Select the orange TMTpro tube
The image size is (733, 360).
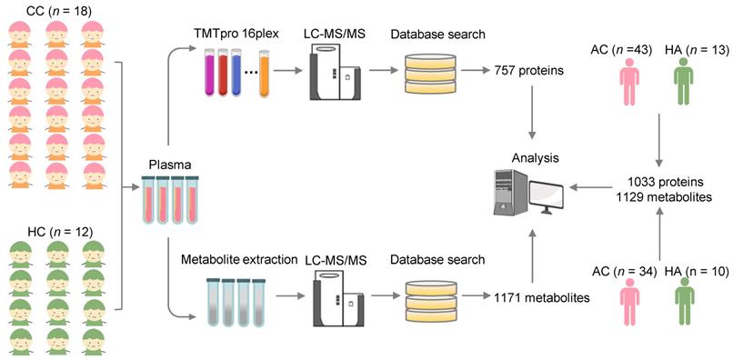(265, 74)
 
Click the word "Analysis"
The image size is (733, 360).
(536, 158)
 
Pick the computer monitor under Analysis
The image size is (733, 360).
(546, 196)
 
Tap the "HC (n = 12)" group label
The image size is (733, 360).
(54, 231)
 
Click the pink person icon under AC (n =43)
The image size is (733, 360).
(628, 81)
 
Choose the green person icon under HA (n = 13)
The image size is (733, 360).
(683, 81)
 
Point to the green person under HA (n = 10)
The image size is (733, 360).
(685, 301)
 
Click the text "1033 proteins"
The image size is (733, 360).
(659, 181)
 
